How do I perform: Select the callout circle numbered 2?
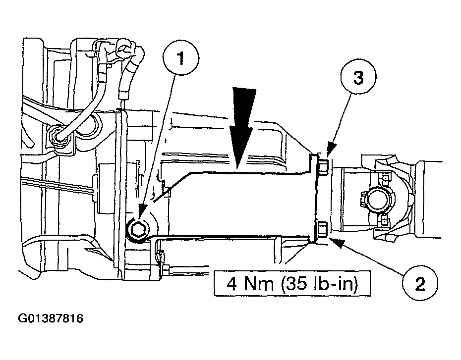[x=420, y=283]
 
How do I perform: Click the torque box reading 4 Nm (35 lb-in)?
[x=292, y=284]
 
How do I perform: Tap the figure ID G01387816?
[x=51, y=318]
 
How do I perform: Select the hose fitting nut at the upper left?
[x=58, y=136]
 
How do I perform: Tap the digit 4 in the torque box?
[x=231, y=284]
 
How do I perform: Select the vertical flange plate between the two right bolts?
[x=315, y=197]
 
